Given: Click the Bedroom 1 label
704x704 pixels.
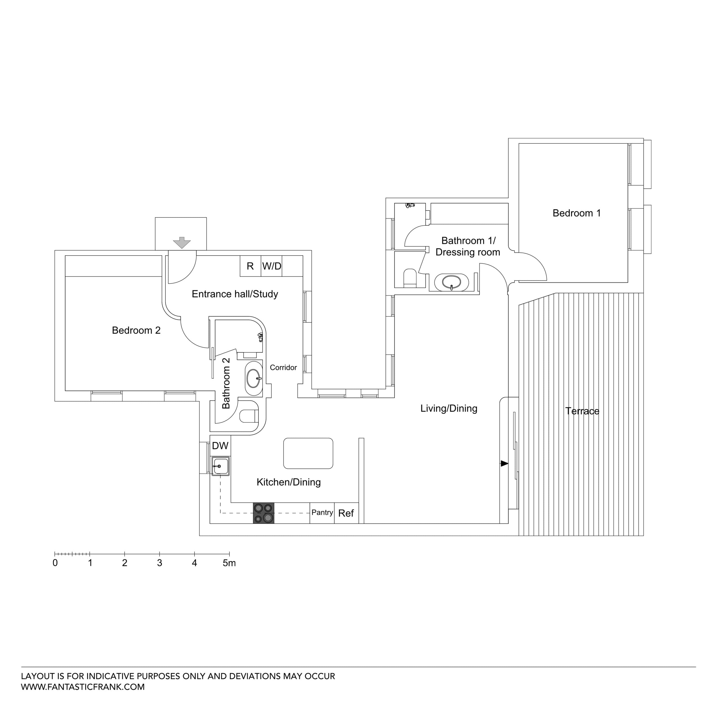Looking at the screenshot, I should point(576,213).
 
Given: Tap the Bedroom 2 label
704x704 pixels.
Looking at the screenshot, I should point(136,331).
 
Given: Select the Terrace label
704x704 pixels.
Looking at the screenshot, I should point(582,411).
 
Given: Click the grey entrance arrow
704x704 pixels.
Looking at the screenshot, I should point(181,242).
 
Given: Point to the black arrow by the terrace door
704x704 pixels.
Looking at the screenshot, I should point(504,464).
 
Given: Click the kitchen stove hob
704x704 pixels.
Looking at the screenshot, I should point(264,513).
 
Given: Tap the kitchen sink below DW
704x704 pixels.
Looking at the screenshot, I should point(220,466).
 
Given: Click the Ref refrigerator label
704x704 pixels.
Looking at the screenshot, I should point(346,513).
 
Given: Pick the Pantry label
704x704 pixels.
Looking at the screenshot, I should point(322,512).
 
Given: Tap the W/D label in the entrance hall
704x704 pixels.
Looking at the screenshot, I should point(272,266).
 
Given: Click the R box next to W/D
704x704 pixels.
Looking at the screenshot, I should point(250,266).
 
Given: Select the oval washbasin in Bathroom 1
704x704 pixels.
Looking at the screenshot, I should point(451,282).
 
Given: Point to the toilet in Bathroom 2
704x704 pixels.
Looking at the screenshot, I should point(249,415).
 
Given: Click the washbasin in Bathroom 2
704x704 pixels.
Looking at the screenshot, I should point(254,378).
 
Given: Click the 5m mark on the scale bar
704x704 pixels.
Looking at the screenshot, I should point(229,563).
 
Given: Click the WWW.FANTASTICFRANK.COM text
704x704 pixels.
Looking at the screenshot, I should point(83,687).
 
